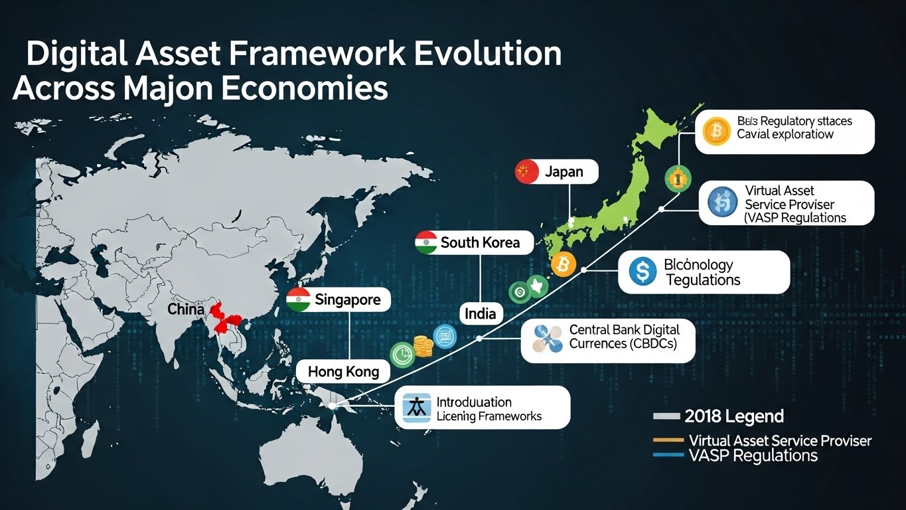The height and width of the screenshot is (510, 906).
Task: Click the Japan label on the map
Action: [x=564, y=172]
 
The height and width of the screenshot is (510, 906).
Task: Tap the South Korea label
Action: [x=479, y=242]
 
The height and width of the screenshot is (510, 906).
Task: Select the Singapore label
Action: [x=347, y=299]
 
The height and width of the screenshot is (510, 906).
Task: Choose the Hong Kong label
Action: [x=343, y=371]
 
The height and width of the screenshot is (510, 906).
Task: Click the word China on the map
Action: [x=185, y=309]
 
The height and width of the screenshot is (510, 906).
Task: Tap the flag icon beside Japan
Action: [x=526, y=172]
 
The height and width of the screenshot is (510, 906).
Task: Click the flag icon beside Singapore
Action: [x=299, y=299]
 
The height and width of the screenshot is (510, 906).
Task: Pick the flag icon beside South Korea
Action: [x=425, y=242]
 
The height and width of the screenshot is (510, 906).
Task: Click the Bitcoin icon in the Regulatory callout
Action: [x=716, y=131]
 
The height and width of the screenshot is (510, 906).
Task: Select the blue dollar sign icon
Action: [x=642, y=272]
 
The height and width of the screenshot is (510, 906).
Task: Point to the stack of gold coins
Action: [x=423, y=346]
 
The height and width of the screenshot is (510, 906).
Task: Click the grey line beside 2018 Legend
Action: [x=666, y=417]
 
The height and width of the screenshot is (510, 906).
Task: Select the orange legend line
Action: [x=668, y=440]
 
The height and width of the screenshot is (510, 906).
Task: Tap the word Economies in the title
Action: [x=305, y=88]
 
